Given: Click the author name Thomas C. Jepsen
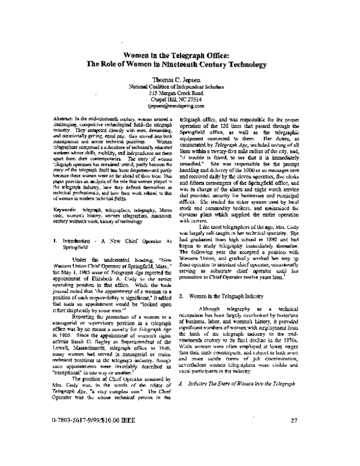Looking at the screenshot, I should tap(181, 78).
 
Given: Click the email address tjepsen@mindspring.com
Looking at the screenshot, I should tap(181, 104).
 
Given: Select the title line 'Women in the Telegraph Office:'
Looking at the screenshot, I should tap(181, 54).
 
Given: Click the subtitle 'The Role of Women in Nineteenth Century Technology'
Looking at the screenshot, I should tap(181, 63).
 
